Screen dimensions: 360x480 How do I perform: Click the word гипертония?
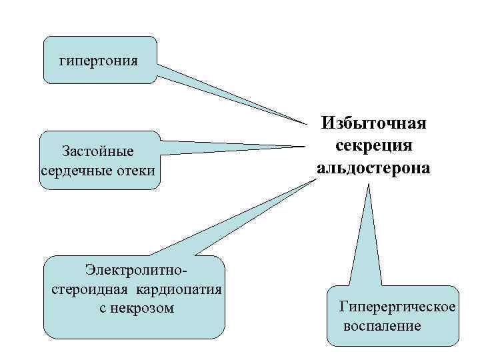(x=99, y=61)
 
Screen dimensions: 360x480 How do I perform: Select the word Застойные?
(x=97, y=152)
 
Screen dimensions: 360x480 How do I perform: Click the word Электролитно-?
(x=133, y=270)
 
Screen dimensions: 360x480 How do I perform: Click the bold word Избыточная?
(x=373, y=124)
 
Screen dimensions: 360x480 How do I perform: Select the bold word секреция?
(x=373, y=146)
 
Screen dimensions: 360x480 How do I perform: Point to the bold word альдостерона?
(x=373, y=168)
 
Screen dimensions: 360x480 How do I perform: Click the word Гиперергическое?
(x=397, y=307)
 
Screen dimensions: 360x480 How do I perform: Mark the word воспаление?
(x=382, y=326)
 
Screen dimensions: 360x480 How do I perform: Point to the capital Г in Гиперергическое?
(x=343, y=307)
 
